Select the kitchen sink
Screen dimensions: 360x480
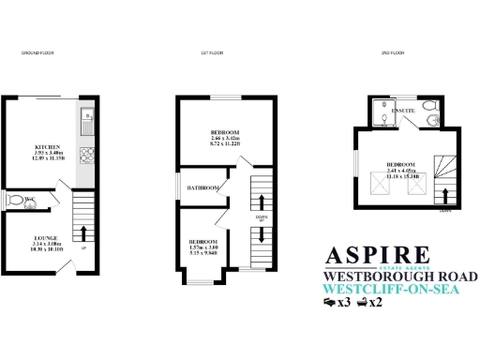click(x=86, y=119)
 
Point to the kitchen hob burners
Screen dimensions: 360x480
click(x=86, y=157)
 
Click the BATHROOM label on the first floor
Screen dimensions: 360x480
click(x=203, y=188)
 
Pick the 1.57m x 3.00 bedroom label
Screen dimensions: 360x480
click(x=199, y=246)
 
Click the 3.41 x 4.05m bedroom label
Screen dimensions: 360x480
click(x=402, y=165)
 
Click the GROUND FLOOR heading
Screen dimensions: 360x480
click(x=37, y=53)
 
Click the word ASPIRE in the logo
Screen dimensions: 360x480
click(x=377, y=255)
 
